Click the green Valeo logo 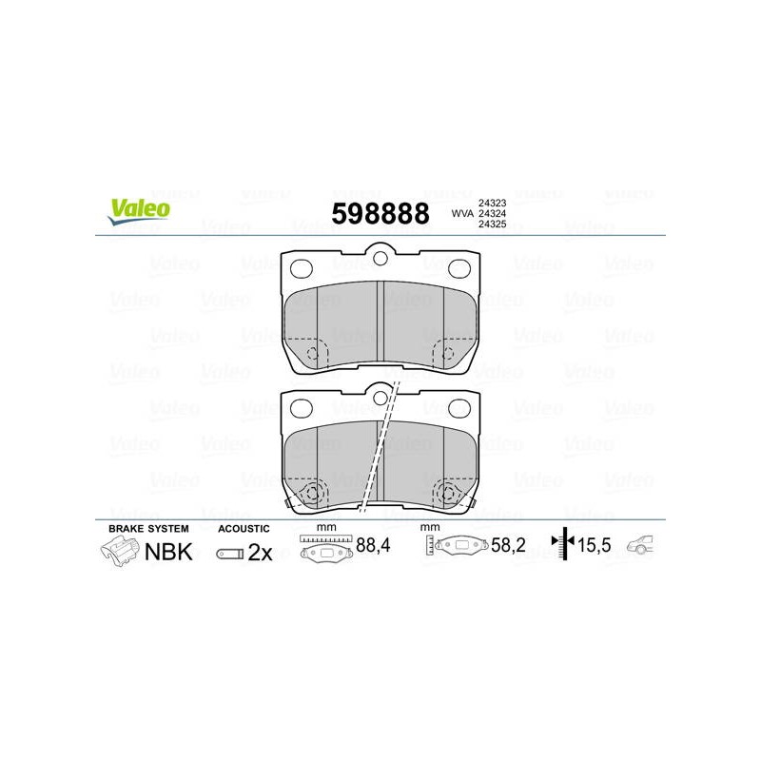(139, 211)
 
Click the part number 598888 (380, 213)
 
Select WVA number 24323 (492, 203)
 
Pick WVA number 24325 (492, 224)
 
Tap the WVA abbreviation (462, 213)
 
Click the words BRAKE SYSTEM (148, 529)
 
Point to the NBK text (168, 552)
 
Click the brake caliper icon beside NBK (119, 552)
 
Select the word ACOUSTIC (244, 529)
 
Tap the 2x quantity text (260, 553)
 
